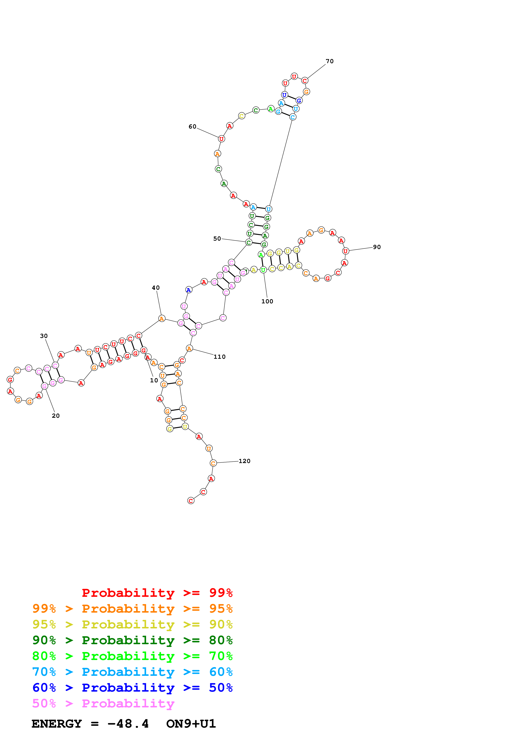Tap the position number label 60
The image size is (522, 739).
tap(192, 126)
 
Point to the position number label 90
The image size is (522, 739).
tap(377, 247)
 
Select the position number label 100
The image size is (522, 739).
tap(267, 301)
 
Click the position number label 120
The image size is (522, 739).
tap(244, 461)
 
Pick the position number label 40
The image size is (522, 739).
tap(156, 287)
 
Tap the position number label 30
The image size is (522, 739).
tap(44, 336)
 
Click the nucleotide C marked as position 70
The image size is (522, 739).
tap(304, 80)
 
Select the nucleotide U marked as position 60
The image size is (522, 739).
tap(221, 139)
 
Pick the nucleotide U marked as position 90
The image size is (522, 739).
tap(345, 251)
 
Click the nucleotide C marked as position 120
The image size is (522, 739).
tap(213, 463)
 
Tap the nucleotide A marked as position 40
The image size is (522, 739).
tap(162, 318)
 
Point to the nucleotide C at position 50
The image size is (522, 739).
tap(249, 242)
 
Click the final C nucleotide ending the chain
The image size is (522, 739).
tap(191, 501)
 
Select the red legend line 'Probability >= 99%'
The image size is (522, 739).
tap(157, 593)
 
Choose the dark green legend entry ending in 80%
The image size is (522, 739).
tap(132, 640)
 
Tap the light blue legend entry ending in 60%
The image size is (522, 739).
tap(132, 672)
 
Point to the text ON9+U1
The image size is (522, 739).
tap(191, 724)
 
